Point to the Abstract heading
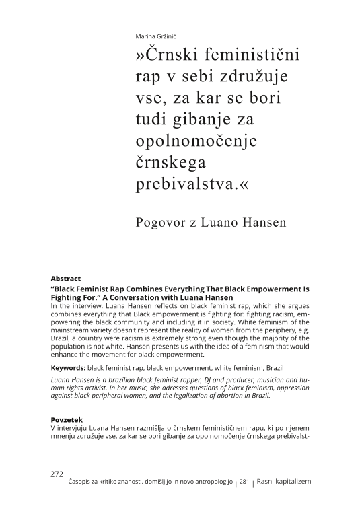66,278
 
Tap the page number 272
57,474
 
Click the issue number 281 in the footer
244,482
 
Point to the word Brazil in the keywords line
271,368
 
